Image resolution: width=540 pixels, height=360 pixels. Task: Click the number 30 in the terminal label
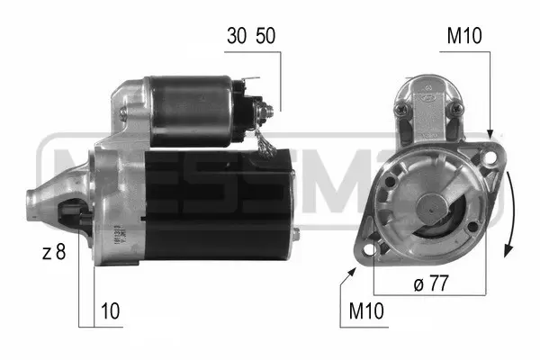pos(237,36)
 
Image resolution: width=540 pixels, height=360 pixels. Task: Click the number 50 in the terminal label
pos(265,36)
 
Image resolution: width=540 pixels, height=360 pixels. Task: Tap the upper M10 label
pos(464,36)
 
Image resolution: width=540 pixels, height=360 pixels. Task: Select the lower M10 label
pos(366,311)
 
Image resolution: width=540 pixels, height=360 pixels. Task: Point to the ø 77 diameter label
pos(431,283)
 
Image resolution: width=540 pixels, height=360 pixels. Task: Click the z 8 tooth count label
pos(54,252)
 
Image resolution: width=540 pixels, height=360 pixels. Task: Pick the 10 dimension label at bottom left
pos(110,311)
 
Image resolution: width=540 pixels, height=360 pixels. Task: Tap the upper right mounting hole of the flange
pos(490,157)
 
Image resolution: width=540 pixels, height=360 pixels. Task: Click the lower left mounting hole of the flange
pos(368,249)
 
